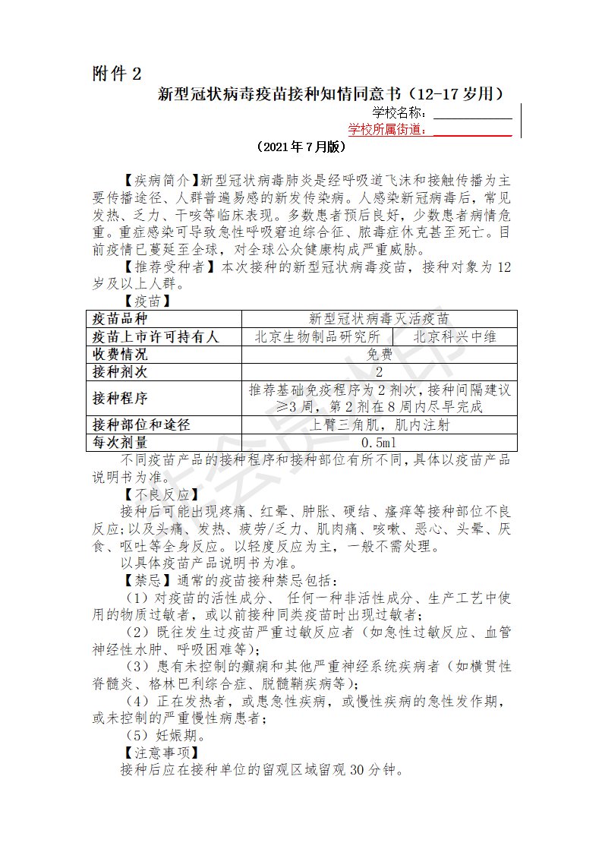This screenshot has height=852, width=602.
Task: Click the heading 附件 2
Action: click(116, 74)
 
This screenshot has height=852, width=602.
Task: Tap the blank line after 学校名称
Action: click(472, 115)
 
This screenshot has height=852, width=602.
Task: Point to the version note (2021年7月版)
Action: click(301, 147)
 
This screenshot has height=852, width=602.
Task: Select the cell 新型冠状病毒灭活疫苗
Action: click(379, 319)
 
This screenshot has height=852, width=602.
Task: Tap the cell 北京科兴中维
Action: click(455, 336)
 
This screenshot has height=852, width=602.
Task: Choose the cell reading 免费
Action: click(379, 355)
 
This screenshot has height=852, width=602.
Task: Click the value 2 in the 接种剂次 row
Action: click(379, 372)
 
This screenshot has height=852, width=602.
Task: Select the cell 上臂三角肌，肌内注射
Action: click(379, 425)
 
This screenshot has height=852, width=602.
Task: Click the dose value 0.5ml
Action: click(379, 443)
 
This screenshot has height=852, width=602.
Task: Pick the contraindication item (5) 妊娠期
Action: click(164, 735)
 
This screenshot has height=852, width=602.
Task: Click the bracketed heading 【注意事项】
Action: click(159, 753)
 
